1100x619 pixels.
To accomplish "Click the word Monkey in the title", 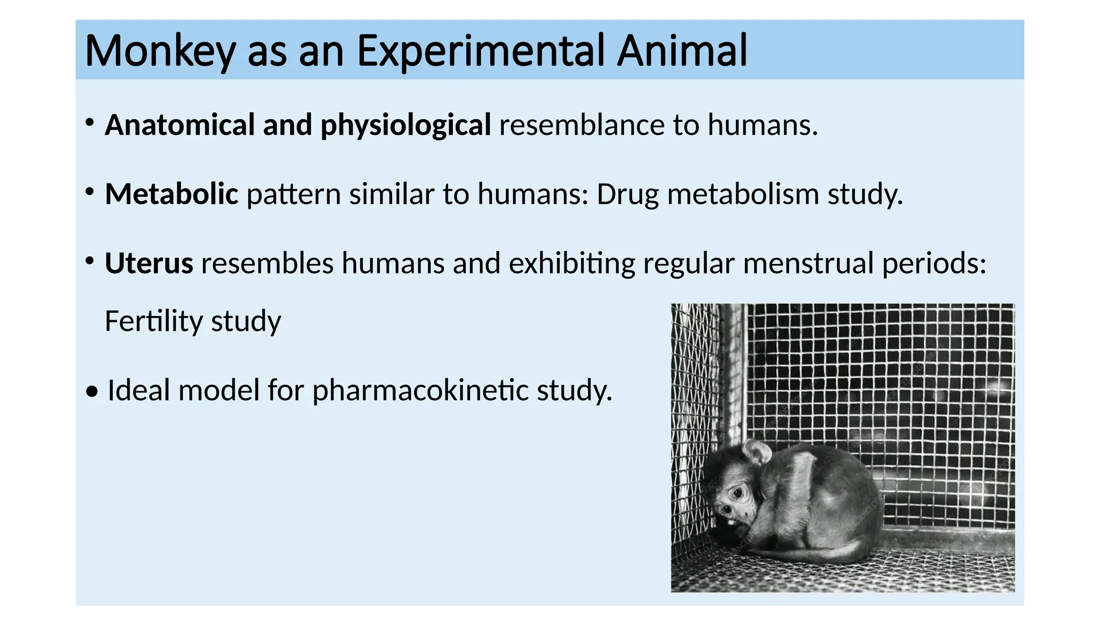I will [160, 51].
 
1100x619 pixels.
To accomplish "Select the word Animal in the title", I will [682, 51].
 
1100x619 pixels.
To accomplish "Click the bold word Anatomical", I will [179, 125].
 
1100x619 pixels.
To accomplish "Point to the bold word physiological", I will [406, 126].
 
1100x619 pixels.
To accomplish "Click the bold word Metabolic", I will [171, 194].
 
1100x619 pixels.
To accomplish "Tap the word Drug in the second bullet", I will [627, 195].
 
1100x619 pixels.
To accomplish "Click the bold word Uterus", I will [149, 263].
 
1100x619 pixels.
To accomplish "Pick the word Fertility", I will [154, 321].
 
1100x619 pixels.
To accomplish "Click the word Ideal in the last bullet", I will [139, 390].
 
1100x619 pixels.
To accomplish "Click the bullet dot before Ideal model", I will [92, 392].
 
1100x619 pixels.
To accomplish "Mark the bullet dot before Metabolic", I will [90, 192].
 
